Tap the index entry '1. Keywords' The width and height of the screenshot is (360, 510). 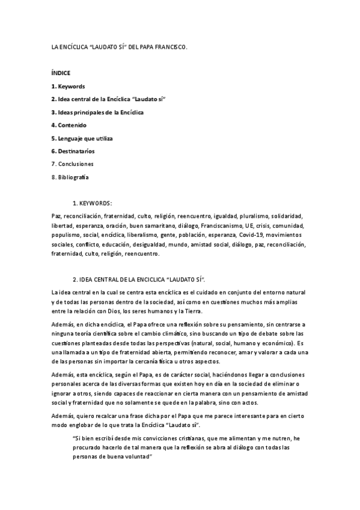(x=68, y=87)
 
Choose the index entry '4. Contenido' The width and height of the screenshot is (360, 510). (x=69, y=125)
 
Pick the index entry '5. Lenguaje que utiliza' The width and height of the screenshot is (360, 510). (x=82, y=138)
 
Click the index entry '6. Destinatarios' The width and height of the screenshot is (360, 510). (x=73, y=151)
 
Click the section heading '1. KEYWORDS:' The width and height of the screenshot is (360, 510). (x=92, y=203)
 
